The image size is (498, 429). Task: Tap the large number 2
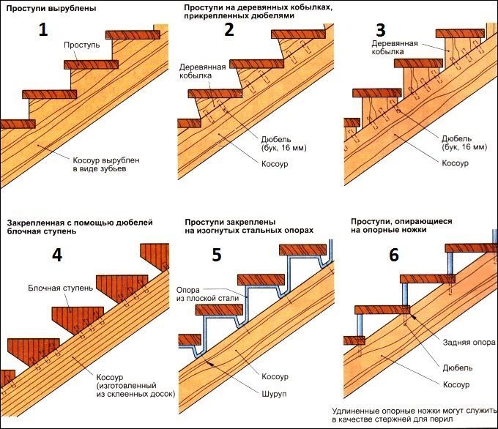229,30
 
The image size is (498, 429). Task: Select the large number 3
379,30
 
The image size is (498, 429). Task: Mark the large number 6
394,255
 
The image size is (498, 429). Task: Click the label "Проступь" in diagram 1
81,45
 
